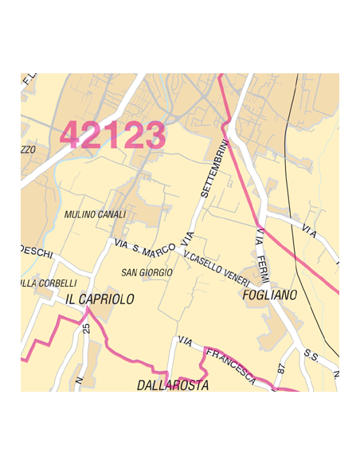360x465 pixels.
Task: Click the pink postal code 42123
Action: point(112,135)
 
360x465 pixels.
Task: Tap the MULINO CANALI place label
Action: point(95,215)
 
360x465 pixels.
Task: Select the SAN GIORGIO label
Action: point(147,272)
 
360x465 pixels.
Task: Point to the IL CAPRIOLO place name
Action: point(100,299)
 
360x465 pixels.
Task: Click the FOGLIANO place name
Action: point(269,295)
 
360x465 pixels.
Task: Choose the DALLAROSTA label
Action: point(172,385)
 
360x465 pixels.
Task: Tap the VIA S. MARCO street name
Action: point(144,248)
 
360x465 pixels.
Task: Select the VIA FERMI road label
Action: point(262,255)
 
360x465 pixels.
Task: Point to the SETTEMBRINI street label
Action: point(214,169)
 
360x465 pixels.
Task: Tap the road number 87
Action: point(281,369)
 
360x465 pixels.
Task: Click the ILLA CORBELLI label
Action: point(49,283)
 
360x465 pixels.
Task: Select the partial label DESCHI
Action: point(36,252)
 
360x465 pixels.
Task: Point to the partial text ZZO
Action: point(28,150)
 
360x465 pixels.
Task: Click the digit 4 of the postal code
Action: point(72,135)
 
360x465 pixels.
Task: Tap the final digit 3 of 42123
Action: point(154,135)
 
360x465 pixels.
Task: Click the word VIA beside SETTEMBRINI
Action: point(188,237)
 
